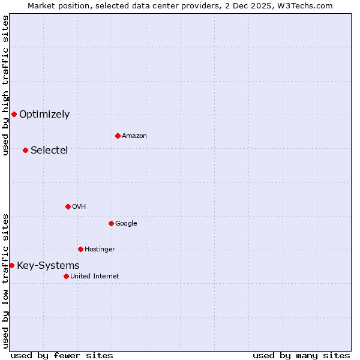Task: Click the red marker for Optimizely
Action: (14, 114)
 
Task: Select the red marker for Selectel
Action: (25, 150)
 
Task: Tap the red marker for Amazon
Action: (118, 136)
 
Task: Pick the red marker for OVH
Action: (68, 206)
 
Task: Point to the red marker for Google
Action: (111, 223)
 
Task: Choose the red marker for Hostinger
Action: (80, 249)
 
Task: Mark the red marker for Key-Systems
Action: (11, 265)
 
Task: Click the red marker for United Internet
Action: (66, 276)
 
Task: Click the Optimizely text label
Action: (44, 115)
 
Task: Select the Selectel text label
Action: (49, 150)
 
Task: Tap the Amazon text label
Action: (134, 136)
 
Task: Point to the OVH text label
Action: (79, 207)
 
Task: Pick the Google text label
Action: (126, 224)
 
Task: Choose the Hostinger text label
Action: (100, 250)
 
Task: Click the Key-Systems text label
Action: (48, 266)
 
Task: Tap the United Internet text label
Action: (94, 277)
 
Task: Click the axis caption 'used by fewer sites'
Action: (62, 356)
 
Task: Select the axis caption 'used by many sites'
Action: (301, 356)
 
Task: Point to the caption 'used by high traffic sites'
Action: (5, 85)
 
